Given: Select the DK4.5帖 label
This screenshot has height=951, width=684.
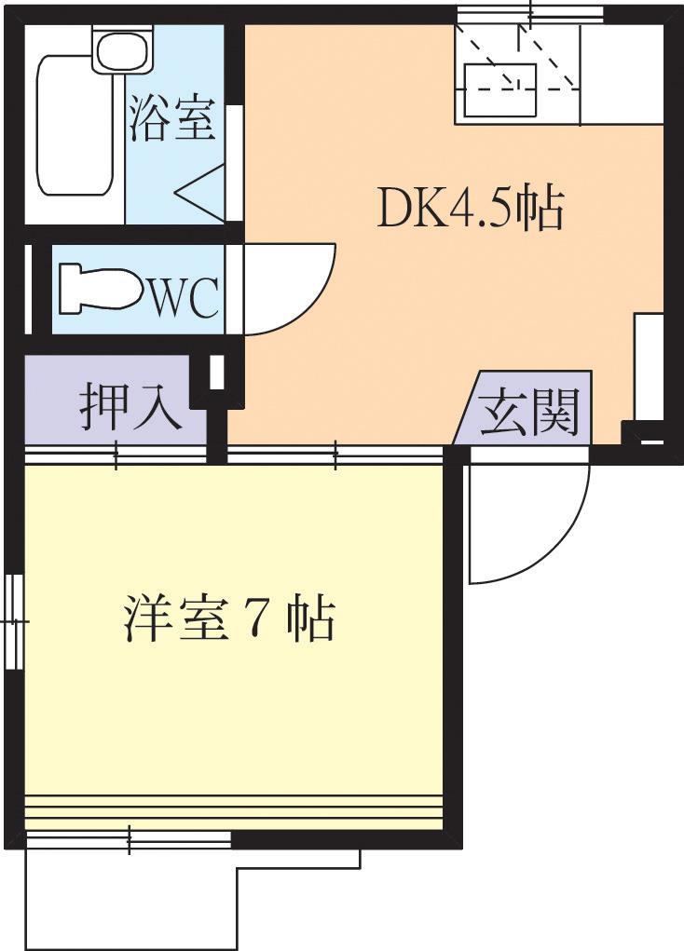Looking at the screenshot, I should coord(470,210).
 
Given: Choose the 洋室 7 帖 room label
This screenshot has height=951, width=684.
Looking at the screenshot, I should coord(228,618).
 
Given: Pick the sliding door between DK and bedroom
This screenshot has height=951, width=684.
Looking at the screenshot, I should coord(335,455).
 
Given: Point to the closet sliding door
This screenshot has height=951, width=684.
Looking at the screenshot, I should coord(116,455).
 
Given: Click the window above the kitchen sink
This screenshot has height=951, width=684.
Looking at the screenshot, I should coord(529,14).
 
